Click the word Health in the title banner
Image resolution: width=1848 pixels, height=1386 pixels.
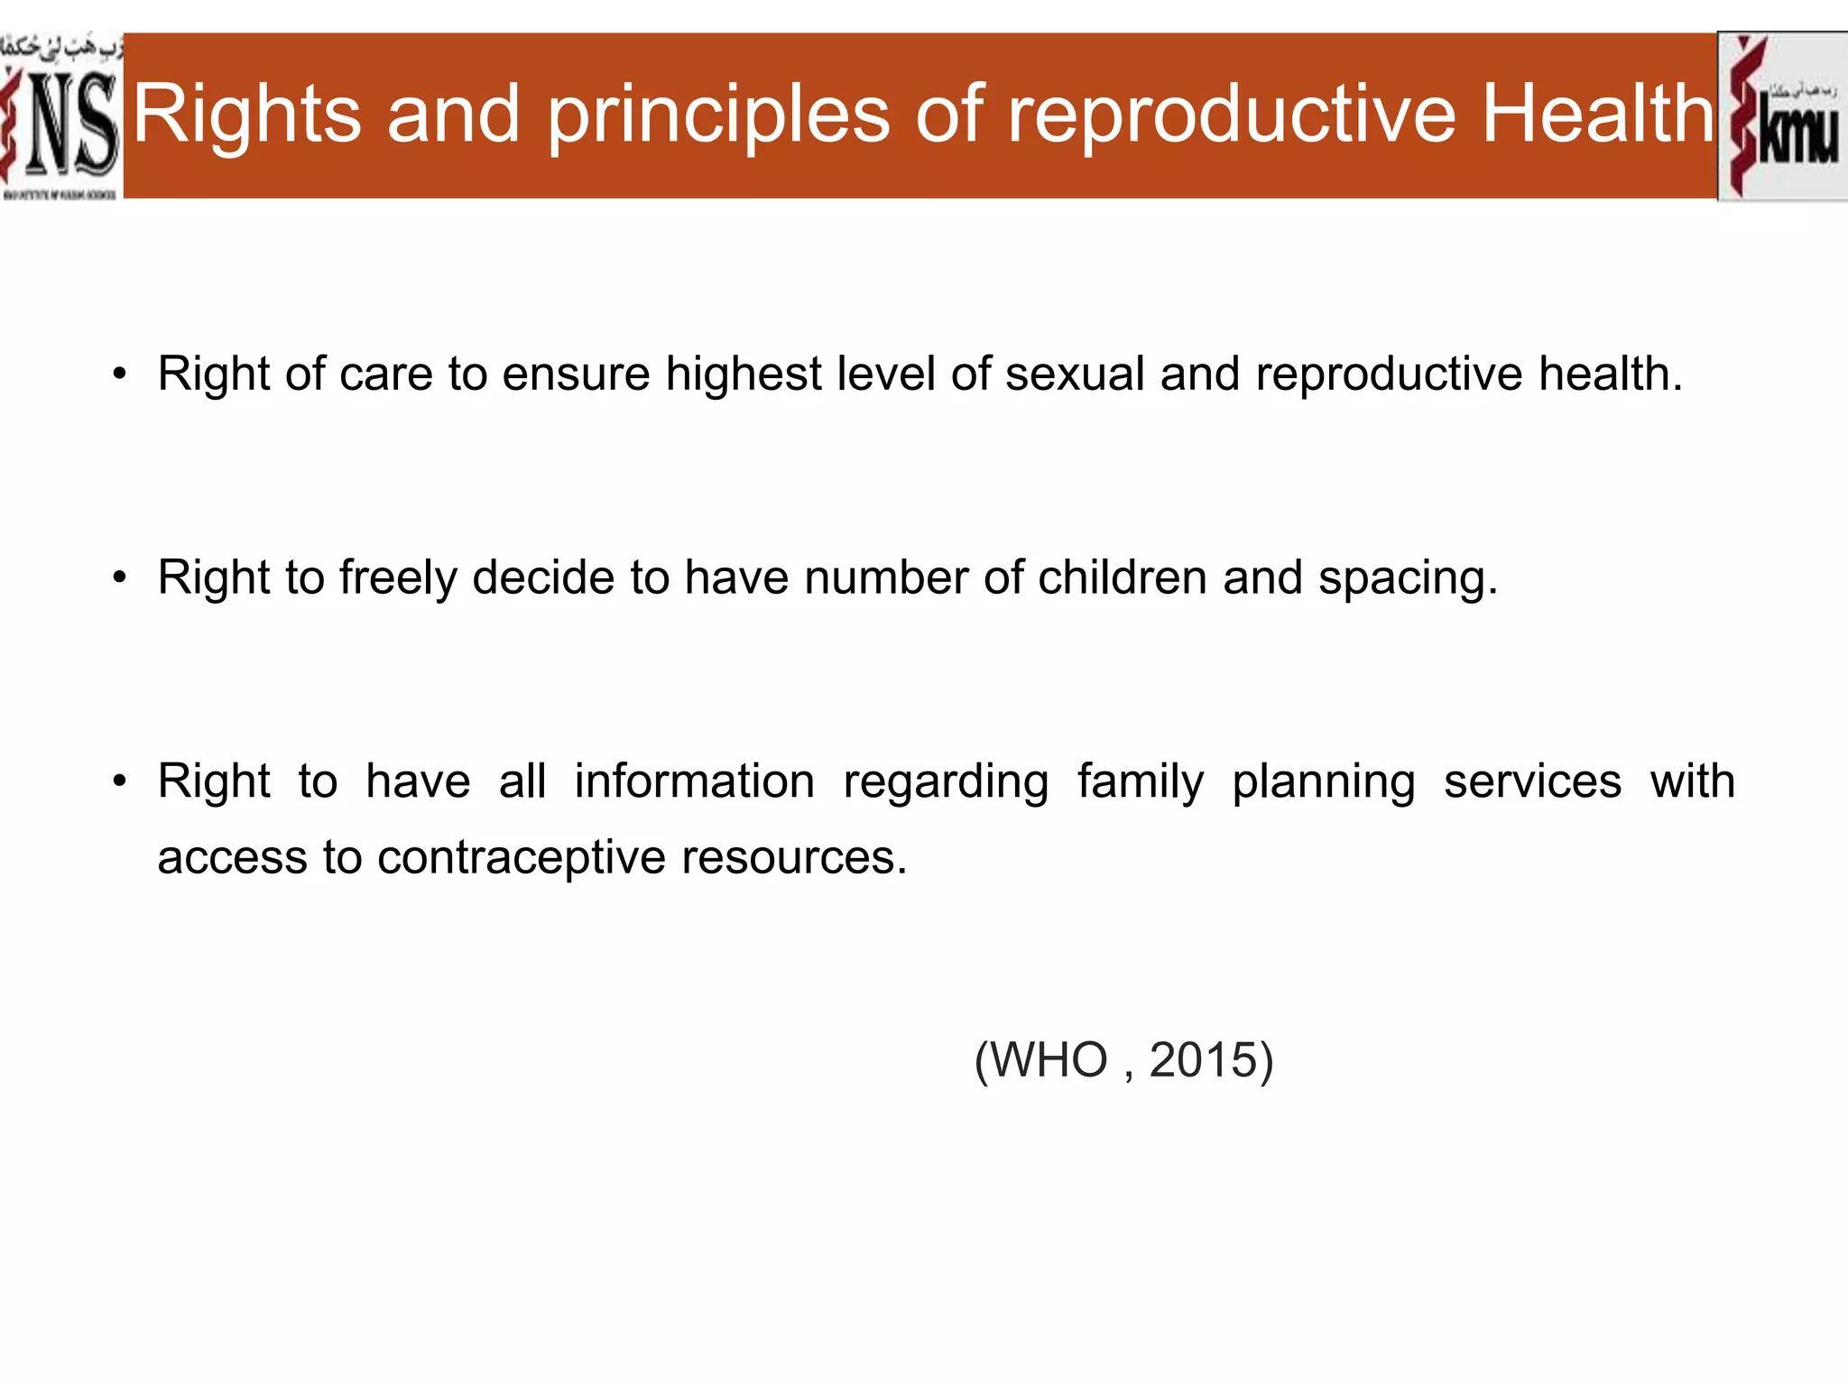tap(1598, 115)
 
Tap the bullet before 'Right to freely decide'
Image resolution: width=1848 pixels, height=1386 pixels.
tap(120, 578)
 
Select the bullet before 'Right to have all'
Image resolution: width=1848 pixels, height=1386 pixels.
tap(120, 781)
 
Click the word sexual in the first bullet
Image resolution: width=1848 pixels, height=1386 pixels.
tap(1075, 374)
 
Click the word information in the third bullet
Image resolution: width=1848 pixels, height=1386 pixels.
tap(694, 781)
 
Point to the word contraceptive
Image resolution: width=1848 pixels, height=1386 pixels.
tap(521, 858)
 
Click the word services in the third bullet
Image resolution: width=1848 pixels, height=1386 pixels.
tap(1532, 781)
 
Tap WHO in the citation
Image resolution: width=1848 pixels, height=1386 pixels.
tap(1049, 1059)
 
